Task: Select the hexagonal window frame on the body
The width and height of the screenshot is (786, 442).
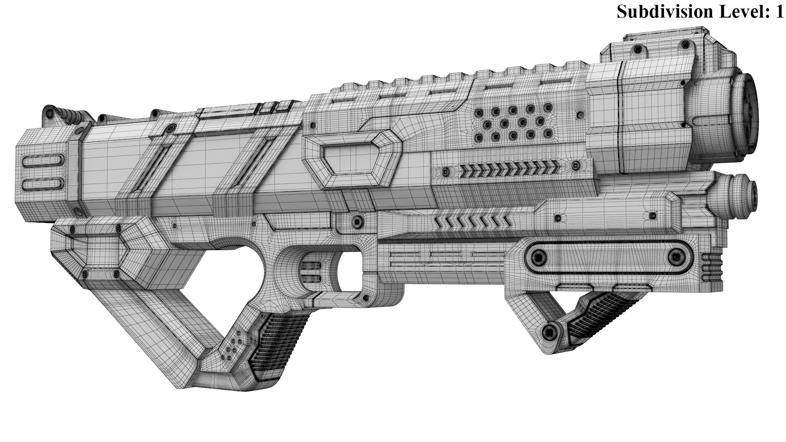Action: [x=352, y=160]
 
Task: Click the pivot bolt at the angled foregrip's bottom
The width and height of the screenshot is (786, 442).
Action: [x=551, y=331]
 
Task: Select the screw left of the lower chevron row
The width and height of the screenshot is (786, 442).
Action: [x=358, y=222]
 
